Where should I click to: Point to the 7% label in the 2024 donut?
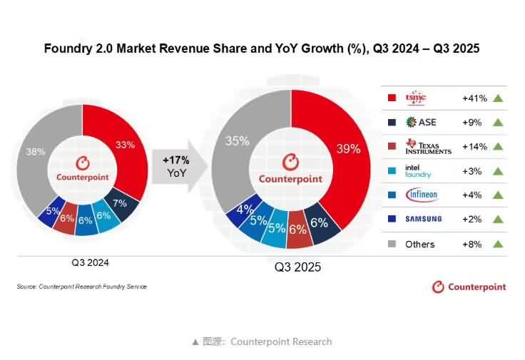[x=120, y=203]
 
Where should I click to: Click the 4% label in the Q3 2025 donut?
[x=243, y=210]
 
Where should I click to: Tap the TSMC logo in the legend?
[x=415, y=98]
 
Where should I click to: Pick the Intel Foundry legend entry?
[x=419, y=171]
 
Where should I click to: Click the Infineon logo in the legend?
[x=421, y=195]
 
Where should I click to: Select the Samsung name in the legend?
[x=423, y=219]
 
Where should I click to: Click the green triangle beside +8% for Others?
[x=498, y=244]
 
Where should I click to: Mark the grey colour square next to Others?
[x=391, y=244]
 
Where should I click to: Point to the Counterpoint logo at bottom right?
[x=469, y=287]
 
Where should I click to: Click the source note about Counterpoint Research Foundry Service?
[x=81, y=287]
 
